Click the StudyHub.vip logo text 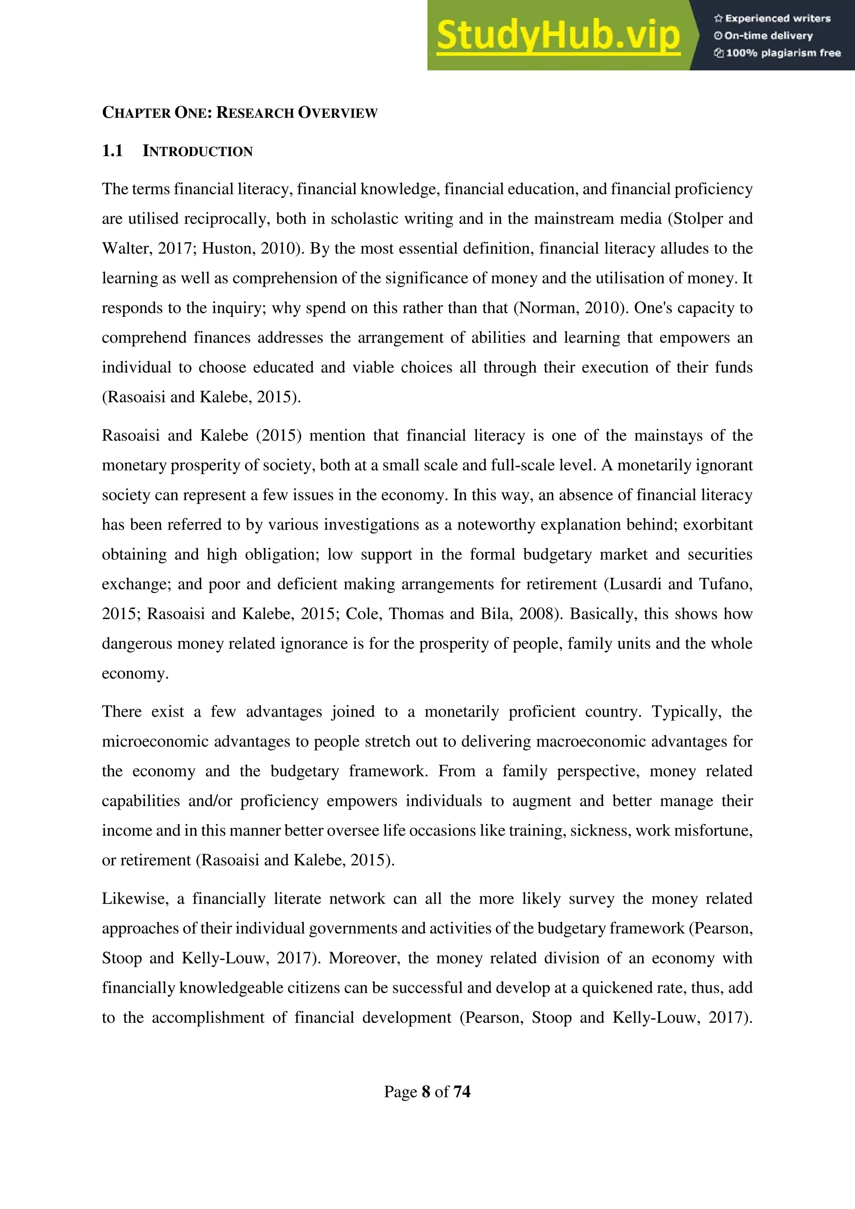(558, 36)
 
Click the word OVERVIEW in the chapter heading (337, 113)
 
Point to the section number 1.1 (112, 151)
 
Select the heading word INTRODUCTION (197, 152)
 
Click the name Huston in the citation (222, 248)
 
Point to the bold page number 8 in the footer (426, 1092)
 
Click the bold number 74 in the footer (462, 1092)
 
